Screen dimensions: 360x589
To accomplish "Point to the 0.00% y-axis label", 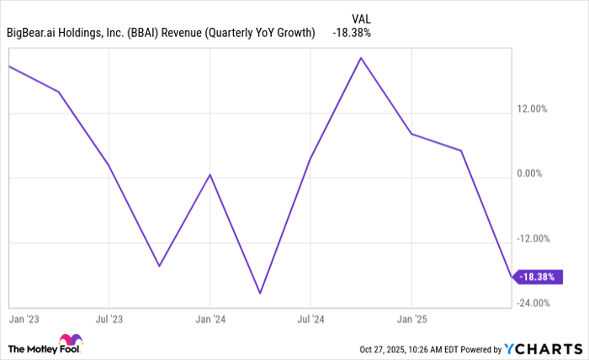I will pos(534,173).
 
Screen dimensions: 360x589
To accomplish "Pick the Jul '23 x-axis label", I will pos(109,320).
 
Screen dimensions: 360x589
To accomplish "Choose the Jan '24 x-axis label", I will pos(210,320).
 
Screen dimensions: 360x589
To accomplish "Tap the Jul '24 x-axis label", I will pos(310,320).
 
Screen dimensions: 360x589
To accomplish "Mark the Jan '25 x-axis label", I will pos(411,320).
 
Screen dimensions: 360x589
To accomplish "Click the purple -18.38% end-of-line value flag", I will pos(539,276).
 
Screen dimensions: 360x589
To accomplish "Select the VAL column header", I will pos(360,17).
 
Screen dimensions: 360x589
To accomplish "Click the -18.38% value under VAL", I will pos(353,33).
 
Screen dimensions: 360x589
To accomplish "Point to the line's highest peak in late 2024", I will pos(361,58).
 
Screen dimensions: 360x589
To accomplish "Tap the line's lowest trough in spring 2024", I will pos(260,294).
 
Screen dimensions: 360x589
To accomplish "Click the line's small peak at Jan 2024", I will pos(210,174).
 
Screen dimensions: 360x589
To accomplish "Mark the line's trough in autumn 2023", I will pos(159,267).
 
